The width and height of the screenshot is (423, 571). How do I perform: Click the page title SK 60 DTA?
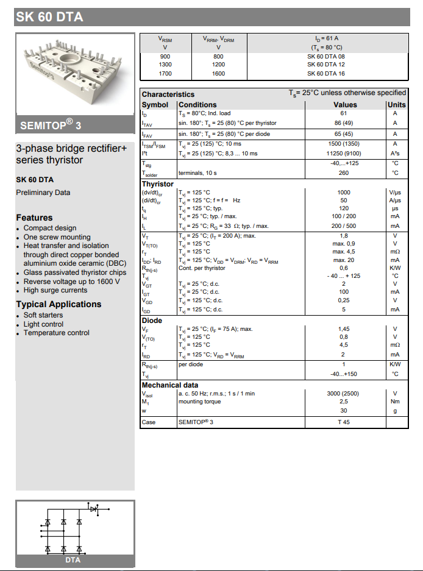[x=49, y=17]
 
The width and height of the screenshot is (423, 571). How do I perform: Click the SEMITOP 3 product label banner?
[x=51, y=126]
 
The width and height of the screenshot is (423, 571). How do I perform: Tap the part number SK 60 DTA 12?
[x=326, y=65]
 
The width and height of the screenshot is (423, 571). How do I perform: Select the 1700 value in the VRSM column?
[x=165, y=74]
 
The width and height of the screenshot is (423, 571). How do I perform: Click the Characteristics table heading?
[x=168, y=94]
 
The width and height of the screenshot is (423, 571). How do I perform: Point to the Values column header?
[x=345, y=105]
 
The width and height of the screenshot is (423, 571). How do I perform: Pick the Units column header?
[x=396, y=105]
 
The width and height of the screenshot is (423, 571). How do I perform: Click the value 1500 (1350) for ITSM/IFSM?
[x=344, y=144]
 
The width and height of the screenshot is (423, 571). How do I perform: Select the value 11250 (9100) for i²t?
[x=344, y=154]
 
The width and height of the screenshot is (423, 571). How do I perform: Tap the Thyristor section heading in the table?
[x=158, y=184]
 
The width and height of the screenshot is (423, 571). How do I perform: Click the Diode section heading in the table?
[x=152, y=321]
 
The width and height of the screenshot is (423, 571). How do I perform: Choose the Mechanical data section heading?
[x=170, y=385]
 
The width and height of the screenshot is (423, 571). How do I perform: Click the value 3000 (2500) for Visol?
[x=344, y=394]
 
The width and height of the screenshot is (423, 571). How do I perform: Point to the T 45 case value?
[x=344, y=422]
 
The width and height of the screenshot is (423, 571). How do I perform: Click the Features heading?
[x=34, y=218]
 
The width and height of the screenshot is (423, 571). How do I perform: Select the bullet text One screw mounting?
[x=57, y=237]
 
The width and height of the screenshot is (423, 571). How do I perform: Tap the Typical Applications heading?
[x=59, y=304]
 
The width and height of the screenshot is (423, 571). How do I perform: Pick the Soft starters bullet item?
[x=43, y=315]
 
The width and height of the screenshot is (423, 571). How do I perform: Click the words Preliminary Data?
[x=43, y=193]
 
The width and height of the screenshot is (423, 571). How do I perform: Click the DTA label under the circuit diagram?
[x=73, y=560]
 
